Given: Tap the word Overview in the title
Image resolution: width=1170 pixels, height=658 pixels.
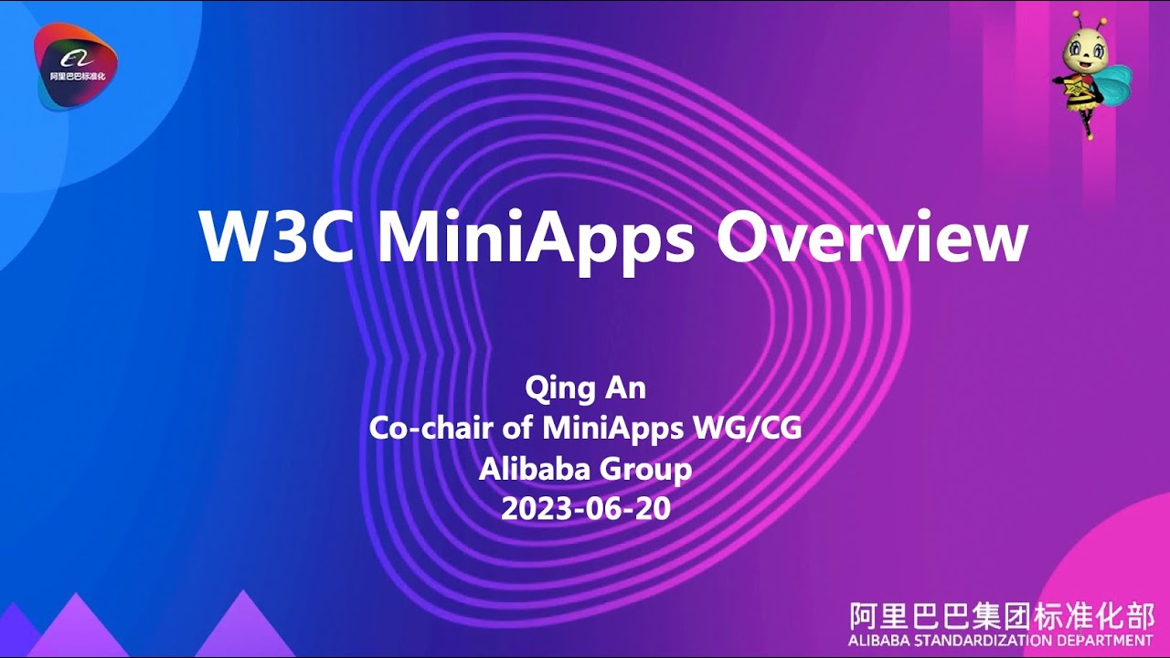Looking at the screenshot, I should [872, 239].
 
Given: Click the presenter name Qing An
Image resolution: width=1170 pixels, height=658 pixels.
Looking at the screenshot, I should [585, 387].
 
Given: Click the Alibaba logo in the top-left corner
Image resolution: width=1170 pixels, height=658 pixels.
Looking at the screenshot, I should [76, 66].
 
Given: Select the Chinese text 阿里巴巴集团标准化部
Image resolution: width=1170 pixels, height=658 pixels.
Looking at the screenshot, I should [1001, 614].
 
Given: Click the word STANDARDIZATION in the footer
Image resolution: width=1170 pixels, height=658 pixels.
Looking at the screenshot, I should [994, 640].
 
